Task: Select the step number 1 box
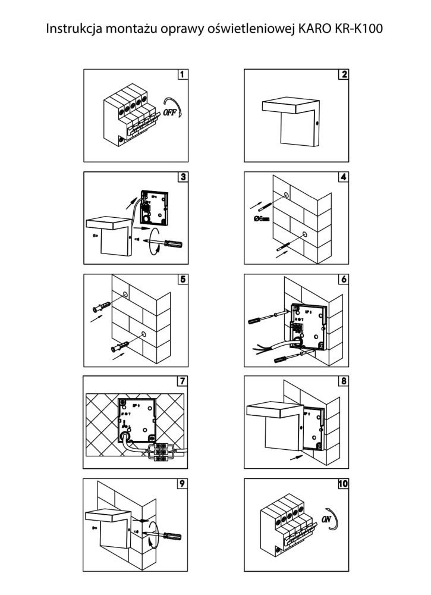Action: (x=183, y=75)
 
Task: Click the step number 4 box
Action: (x=344, y=177)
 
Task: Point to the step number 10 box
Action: (x=343, y=483)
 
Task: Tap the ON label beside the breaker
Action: (x=326, y=518)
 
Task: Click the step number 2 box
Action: (x=344, y=75)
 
